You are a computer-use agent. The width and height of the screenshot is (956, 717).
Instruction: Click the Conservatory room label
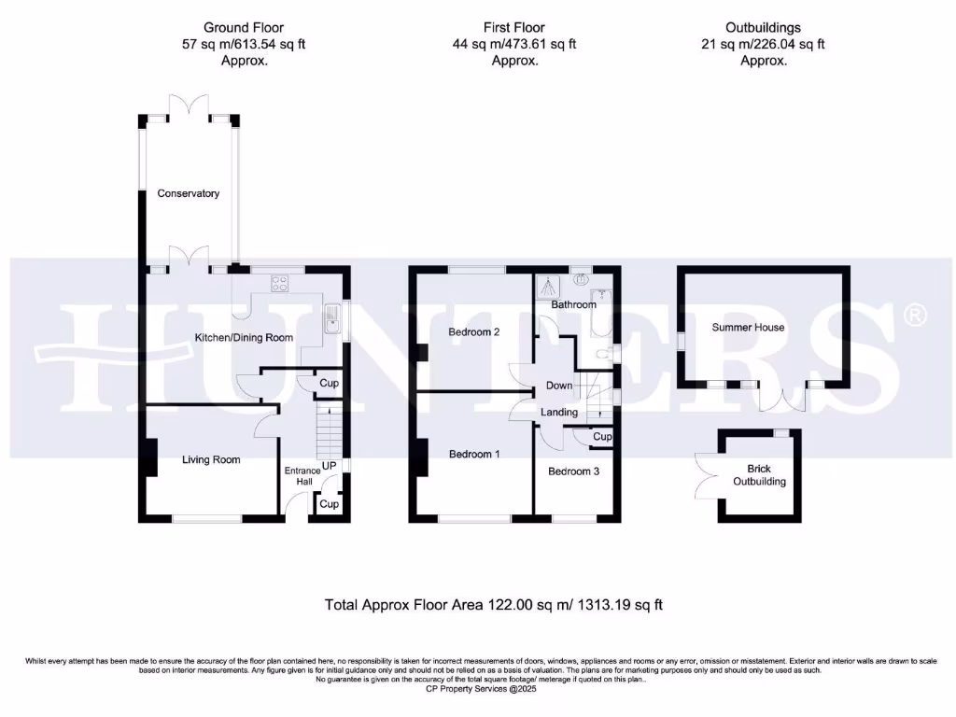[x=188, y=193]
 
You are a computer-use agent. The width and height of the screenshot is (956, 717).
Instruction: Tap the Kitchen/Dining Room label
[x=243, y=338]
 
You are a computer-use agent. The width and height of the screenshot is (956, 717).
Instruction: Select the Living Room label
[x=210, y=459]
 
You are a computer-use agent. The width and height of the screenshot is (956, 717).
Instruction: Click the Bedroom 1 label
[x=474, y=455]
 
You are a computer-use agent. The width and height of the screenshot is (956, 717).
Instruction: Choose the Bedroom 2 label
[x=474, y=331]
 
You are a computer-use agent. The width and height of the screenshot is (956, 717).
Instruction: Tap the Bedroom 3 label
[x=573, y=471]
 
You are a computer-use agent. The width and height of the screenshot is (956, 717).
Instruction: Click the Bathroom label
[x=572, y=304]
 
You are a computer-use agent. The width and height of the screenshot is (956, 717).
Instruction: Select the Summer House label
[x=748, y=328]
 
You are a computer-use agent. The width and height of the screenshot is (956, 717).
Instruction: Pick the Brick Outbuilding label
[x=759, y=475]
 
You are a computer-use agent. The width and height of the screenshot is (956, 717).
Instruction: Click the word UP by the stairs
[x=329, y=464]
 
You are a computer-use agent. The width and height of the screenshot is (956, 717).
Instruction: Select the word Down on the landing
[x=559, y=386]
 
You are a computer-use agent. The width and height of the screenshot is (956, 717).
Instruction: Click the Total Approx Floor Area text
[x=493, y=604]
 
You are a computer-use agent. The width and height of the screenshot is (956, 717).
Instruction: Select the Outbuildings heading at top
[x=763, y=28]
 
